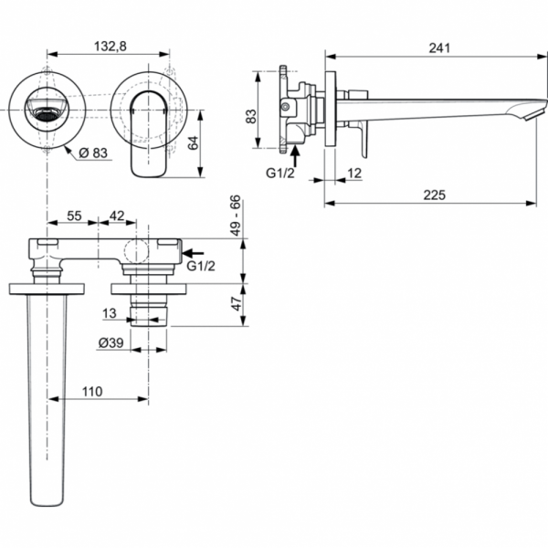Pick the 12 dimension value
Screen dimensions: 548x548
pos(354,173)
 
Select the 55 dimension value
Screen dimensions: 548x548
pos(76,216)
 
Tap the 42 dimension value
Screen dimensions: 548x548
pos(117,216)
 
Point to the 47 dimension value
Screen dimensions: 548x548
pos(235,302)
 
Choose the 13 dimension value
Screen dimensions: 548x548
pos(111,313)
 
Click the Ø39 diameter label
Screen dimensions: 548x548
pos(111,342)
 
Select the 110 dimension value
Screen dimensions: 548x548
pos(91,391)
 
